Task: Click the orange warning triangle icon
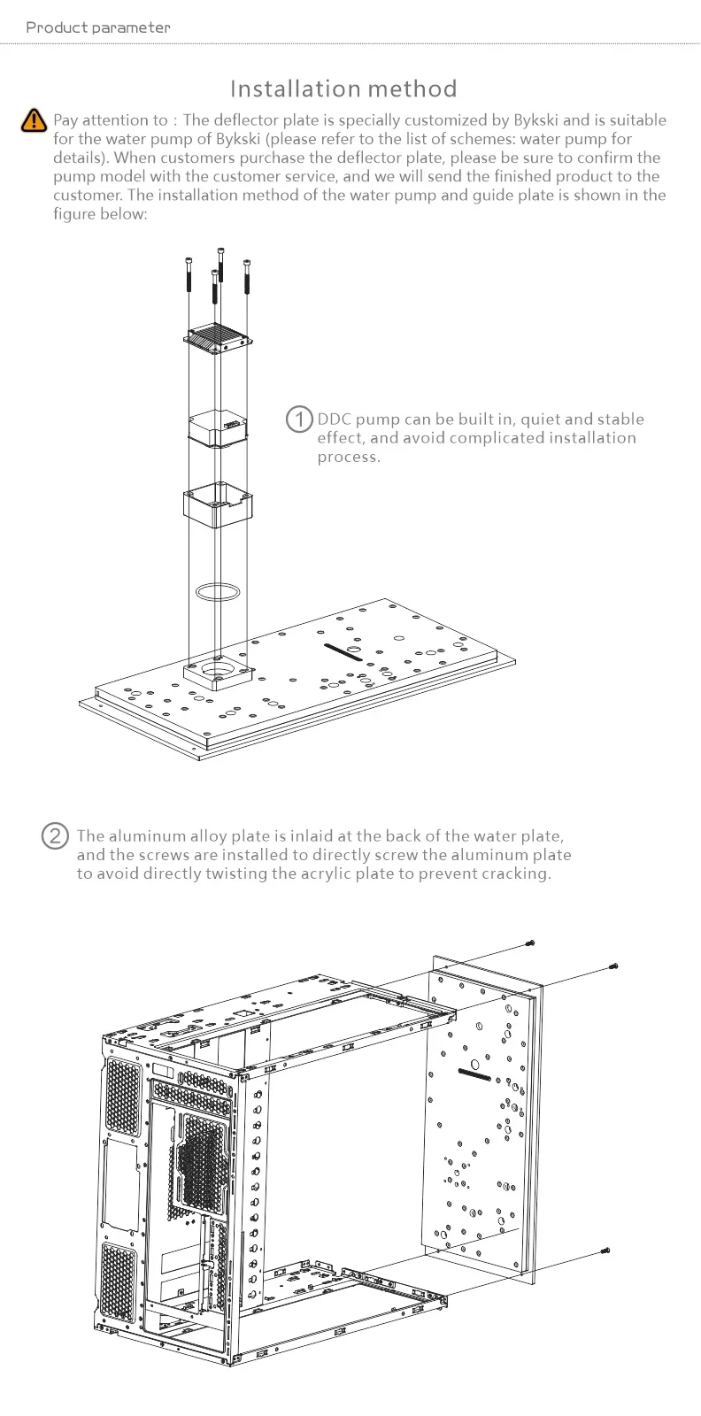point(34,120)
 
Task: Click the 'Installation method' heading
point(343,88)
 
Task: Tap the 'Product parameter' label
point(97,27)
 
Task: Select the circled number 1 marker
point(300,419)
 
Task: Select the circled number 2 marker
point(55,835)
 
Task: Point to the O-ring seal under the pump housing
point(218,591)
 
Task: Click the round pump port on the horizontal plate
point(220,669)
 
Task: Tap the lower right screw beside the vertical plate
point(605,1251)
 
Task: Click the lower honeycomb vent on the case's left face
point(119,1283)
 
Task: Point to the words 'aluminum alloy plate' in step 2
point(189,836)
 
